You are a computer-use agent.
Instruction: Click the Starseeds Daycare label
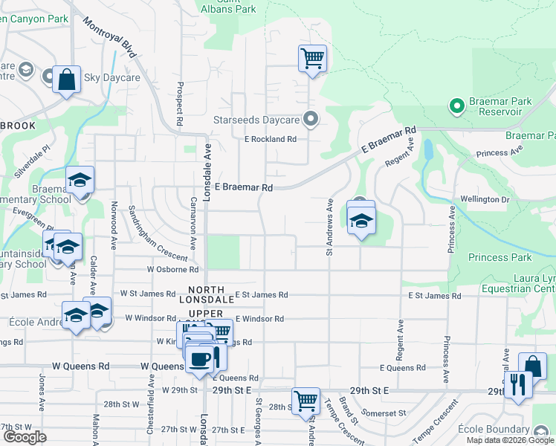(x=256, y=119)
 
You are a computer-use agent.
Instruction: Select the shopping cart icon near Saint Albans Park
(x=312, y=58)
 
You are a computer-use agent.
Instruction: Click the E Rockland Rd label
(x=271, y=139)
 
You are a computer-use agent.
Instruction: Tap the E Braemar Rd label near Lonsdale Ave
(x=244, y=188)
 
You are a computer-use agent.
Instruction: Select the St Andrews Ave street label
(x=329, y=227)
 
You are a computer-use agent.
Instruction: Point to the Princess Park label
(x=500, y=258)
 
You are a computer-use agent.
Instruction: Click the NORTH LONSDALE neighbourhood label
(x=211, y=294)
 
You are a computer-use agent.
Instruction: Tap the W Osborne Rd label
(x=172, y=270)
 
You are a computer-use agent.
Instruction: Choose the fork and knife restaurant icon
(x=518, y=384)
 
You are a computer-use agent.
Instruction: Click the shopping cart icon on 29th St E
(x=306, y=401)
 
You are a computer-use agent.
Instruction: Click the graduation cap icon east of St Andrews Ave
(x=361, y=221)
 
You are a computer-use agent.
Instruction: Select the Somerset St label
(x=384, y=413)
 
